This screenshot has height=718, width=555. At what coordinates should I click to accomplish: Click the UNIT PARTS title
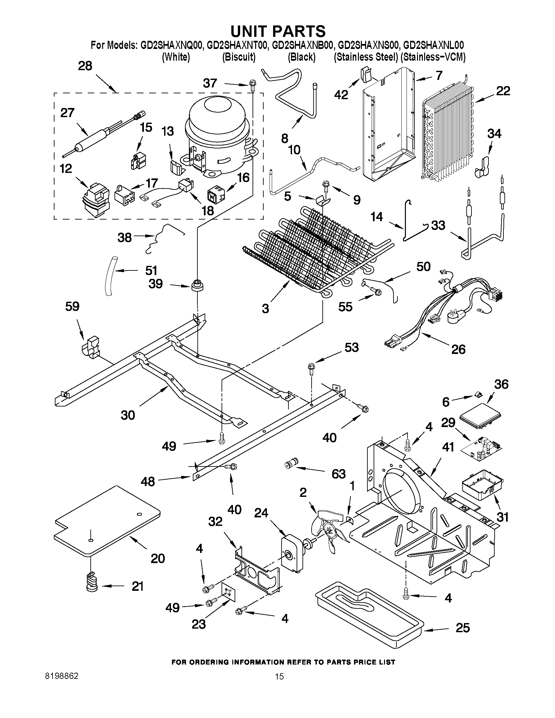point(278,31)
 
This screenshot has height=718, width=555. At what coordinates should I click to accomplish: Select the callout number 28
point(85,66)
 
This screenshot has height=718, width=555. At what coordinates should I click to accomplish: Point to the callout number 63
point(339,474)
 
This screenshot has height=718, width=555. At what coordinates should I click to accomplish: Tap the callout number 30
point(128,415)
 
